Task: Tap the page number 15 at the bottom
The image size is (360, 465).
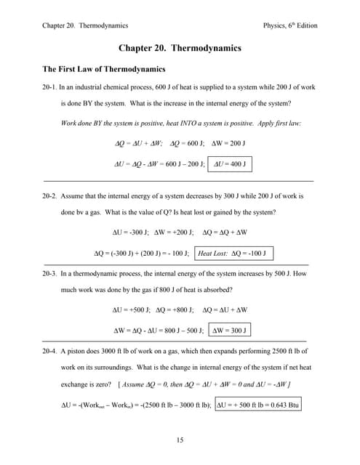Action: click(179, 439)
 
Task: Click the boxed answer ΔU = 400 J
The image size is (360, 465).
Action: click(228, 164)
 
